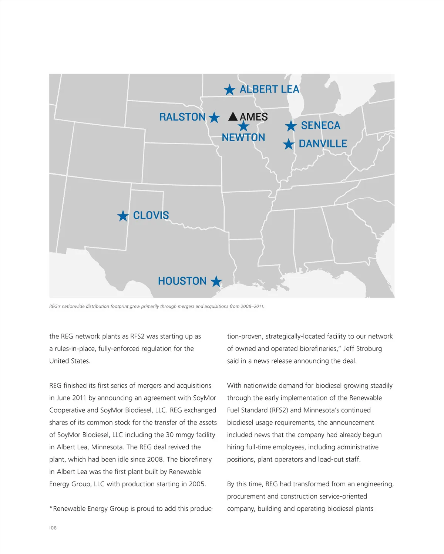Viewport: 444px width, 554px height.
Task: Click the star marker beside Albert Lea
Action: pos(229,89)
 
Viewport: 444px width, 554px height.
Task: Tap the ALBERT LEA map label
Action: pos(269,89)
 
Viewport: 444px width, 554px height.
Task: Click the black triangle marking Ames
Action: pos(233,116)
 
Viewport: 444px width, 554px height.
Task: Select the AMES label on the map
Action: pos(254,117)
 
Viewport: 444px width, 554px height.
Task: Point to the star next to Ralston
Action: pos(214,118)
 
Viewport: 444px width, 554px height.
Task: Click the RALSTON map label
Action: pos(182,117)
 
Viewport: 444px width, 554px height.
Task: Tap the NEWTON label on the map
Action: pos(243,138)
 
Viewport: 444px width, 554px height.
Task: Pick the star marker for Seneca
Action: pos(291,126)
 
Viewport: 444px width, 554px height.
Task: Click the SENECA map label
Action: pos(320,126)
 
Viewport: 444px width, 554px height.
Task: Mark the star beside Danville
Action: pos(289,144)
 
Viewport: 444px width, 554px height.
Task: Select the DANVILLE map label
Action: pos(323,144)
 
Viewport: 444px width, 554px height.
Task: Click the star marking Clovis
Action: pos(123,216)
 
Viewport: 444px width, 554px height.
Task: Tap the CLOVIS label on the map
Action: pos(151,216)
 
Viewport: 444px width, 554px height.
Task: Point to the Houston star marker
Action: pos(216,282)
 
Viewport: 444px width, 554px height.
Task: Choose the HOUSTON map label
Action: pos(182,281)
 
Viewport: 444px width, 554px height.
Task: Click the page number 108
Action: pos(53,528)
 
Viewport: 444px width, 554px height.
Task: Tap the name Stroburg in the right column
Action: pos(368,349)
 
